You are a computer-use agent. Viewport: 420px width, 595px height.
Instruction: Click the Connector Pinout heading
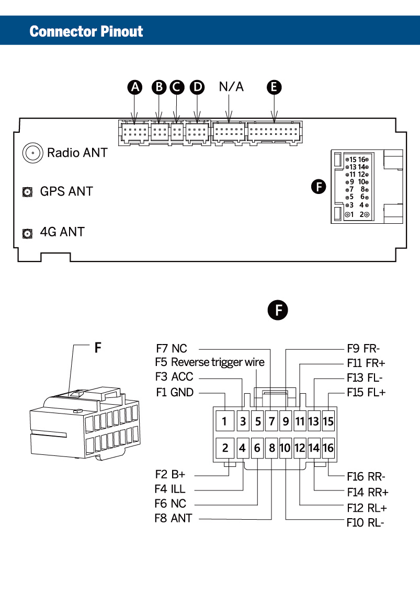click(86, 31)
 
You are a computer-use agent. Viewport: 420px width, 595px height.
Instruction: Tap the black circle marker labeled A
click(135, 87)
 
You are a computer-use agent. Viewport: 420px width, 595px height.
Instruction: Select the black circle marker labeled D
click(197, 87)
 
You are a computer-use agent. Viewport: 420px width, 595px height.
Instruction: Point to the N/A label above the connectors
click(231, 87)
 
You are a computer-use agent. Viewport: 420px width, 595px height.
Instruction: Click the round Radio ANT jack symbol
click(32, 153)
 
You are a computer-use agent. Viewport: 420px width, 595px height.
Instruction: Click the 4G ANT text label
click(62, 232)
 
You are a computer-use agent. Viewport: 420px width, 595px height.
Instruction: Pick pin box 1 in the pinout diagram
click(224, 420)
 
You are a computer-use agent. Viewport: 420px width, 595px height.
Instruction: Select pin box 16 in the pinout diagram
click(328, 448)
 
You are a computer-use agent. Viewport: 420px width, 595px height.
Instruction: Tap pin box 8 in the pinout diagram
click(272, 448)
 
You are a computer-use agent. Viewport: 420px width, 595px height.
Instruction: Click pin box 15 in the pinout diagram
click(328, 420)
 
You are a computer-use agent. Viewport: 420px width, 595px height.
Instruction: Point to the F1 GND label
click(175, 392)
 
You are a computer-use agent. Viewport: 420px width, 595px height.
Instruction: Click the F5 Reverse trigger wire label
click(210, 362)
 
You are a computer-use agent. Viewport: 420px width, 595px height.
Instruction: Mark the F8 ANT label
click(173, 519)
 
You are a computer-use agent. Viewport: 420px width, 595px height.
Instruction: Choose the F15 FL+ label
click(366, 392)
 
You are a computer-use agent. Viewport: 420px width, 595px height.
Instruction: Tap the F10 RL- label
click(366, 522)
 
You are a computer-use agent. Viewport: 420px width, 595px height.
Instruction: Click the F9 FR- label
click(364, 348)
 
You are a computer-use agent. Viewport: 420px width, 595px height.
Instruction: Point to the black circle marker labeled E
click(274, 87)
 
